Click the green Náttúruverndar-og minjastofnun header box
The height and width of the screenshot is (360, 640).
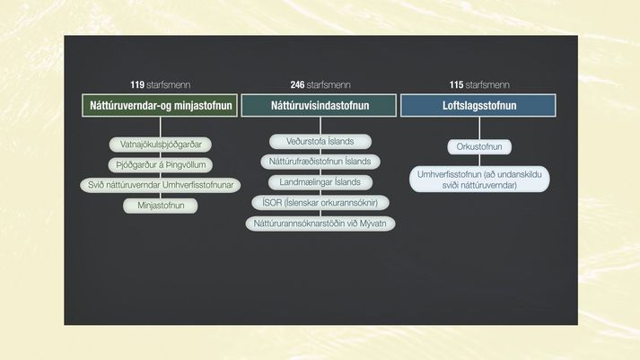pyautogui.click(x=160, y=105)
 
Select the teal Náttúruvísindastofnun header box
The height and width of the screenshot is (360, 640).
pyautogui.click(x=319, y=105)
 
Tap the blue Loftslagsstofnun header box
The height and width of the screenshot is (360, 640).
pyautogui.click(x=478, y=105)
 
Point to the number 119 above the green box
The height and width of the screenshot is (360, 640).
pyautogui.click(x=137, y=85)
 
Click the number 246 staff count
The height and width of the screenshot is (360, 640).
pyautogui.click(x=297, y=85)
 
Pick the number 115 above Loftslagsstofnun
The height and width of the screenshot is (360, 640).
pyautogui.click(x=456, y=85)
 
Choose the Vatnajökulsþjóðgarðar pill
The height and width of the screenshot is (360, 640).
pyautogui.click(x=161, y=145)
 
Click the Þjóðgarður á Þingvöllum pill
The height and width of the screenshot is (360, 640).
pyautogui.click(x=161, y=165)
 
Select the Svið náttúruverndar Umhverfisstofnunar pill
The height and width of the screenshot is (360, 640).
pyautogui.click(x=161, y=185)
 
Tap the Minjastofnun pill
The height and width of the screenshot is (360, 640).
pyautogui.click(x=161, y=206)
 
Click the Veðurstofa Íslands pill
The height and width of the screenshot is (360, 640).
pyautogui.click(x=320, y=142)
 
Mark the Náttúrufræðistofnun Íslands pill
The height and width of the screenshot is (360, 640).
pyautogui.click(x=320, y=162)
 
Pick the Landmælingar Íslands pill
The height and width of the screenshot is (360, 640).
pyautogui.click(x=320, y=182)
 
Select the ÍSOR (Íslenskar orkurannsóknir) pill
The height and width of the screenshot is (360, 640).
pyautogui.click(x=320, y=203)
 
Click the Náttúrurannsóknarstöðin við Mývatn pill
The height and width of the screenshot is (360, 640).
pyautogui.click(x=320, y=224)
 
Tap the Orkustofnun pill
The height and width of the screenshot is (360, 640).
pyautogui.click(x=479, y=147)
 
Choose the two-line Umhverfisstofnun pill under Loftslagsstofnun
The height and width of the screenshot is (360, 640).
pyautogui.click(x=479, y=180)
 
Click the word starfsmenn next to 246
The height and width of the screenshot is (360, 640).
pyautogui.click(x=329, y=85)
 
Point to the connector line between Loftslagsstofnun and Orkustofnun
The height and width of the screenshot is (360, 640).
pyautogui.click(x=479, y=128)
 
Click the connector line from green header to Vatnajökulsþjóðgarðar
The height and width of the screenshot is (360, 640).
pyautogui.click(x=161, y=127)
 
